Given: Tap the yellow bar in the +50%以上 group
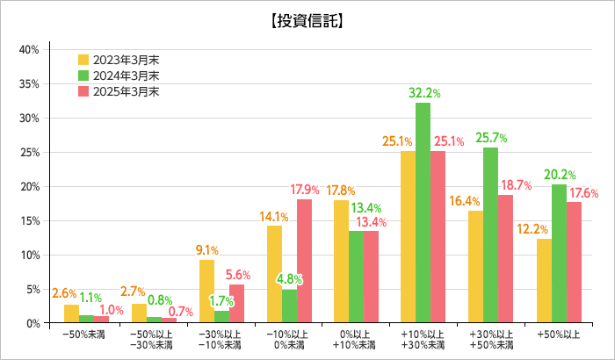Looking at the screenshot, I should pyautogui.click(x=544, y=281).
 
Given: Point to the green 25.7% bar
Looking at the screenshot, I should pyautogui.click(x=490, y=234).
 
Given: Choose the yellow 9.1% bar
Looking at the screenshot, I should pyautogui.click(x=206, y=292).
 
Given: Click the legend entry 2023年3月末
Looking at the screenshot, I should pyautogui.click(x=119, y=60).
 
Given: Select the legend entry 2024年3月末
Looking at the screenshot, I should pyautogui.click(x=119, y=76).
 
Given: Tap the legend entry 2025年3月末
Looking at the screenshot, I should pyautogui.click(x=119, y=91).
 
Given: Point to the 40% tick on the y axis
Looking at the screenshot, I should pyautogui.click(x=29, y=49).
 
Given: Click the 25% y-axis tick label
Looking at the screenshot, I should pyautogui.click(x=29, y=152).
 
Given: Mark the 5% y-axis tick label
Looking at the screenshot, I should pyautogui.click(x=32, y=289).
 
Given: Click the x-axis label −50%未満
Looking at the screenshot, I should pyautogui.click(x=84, y=335).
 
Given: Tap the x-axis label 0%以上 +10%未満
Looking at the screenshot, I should pyautogui.click(x=355, y=341).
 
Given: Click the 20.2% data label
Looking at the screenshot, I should pyautogui.click(x=561, y=174).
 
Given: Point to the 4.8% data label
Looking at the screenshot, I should pyautogui.click(x=289, y=279).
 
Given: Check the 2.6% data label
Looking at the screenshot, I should pyautogui.click(x=64, y=293).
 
